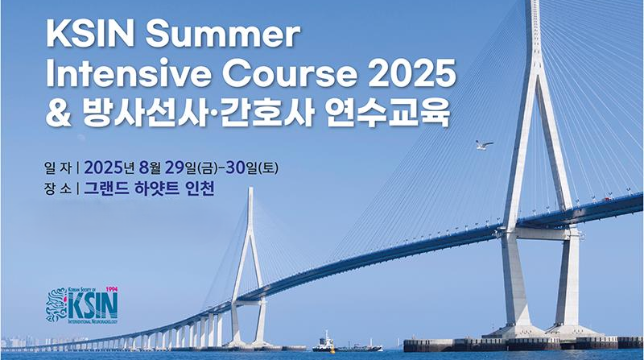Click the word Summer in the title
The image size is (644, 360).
pyautogui.click(x=223, y=35)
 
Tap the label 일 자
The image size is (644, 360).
pyautogui.click(x=57, y=168)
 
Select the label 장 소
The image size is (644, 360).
pyautogui.click(x=57, y=189)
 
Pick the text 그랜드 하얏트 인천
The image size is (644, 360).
pyautogui.click(x=149, y=188)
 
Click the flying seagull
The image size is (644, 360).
pyautogui.click(x=484, y=145)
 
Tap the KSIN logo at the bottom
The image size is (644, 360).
pyautogui.click(x=83, y=304)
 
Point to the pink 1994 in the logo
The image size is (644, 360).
pyautogui.click(x=112, y=289)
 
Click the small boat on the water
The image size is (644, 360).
pyautogui.click(x=324, y=343)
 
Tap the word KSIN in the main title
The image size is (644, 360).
pyautogui.click(x=90, y=35)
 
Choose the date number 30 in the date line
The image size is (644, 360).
pyautogui.click(x=236, y=168)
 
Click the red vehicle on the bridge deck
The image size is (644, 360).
pyautogui.click(x=607, y=199)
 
